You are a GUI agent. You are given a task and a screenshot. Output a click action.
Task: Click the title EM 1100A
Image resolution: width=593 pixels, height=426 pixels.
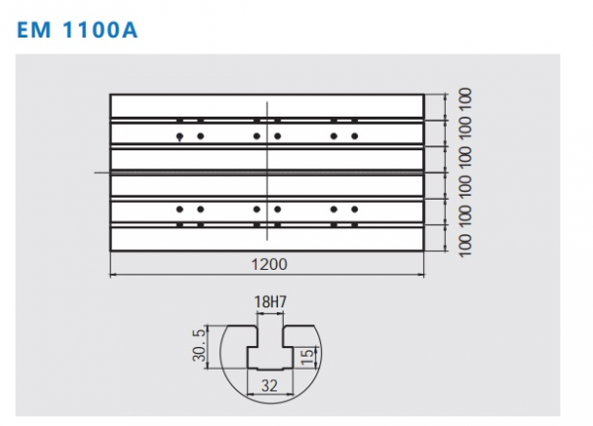77,30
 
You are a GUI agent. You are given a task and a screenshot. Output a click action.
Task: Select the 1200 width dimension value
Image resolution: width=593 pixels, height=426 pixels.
269,264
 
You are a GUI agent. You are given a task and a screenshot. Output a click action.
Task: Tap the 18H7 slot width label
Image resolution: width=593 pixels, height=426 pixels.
270,301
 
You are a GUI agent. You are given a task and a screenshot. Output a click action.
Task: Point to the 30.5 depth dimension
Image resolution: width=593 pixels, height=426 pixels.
200,345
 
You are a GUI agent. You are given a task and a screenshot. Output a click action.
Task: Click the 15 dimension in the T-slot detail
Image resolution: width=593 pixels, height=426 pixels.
307,357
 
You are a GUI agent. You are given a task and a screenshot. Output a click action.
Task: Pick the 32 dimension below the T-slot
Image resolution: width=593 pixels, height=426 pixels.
269,385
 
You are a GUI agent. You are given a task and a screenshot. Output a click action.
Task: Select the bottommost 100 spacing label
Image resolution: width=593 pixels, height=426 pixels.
466,246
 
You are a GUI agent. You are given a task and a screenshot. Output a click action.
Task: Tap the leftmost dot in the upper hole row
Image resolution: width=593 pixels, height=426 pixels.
180,136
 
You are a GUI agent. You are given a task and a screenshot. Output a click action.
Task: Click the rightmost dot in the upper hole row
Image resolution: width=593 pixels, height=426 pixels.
355,136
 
